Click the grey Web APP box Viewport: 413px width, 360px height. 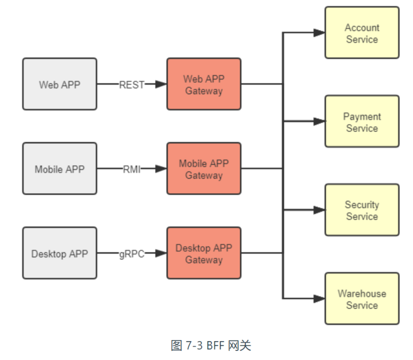point(59,84)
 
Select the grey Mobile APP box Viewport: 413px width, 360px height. point(59,169)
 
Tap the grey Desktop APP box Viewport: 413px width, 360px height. point(59,253)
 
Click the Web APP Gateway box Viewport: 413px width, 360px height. point(203,84)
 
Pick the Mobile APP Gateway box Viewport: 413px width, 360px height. point(203,169)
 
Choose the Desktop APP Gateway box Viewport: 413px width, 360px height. point(203,253)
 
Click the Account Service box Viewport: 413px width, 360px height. point(362,33)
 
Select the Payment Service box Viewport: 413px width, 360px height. point(362,122)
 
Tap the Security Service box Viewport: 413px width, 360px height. point(362,210)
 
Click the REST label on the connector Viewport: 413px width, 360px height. point(132,85)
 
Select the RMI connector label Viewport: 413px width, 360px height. point(132,169)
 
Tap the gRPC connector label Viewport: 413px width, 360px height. point(132,254)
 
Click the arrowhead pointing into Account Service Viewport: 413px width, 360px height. point(319,33)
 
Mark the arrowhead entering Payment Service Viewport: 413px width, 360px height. point(319,122)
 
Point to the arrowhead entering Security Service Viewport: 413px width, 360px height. point(319,210)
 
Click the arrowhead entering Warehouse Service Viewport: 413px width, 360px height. point(319,298)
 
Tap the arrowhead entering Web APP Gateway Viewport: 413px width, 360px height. point(161,84)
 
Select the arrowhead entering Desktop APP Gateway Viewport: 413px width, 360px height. point(161,253)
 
